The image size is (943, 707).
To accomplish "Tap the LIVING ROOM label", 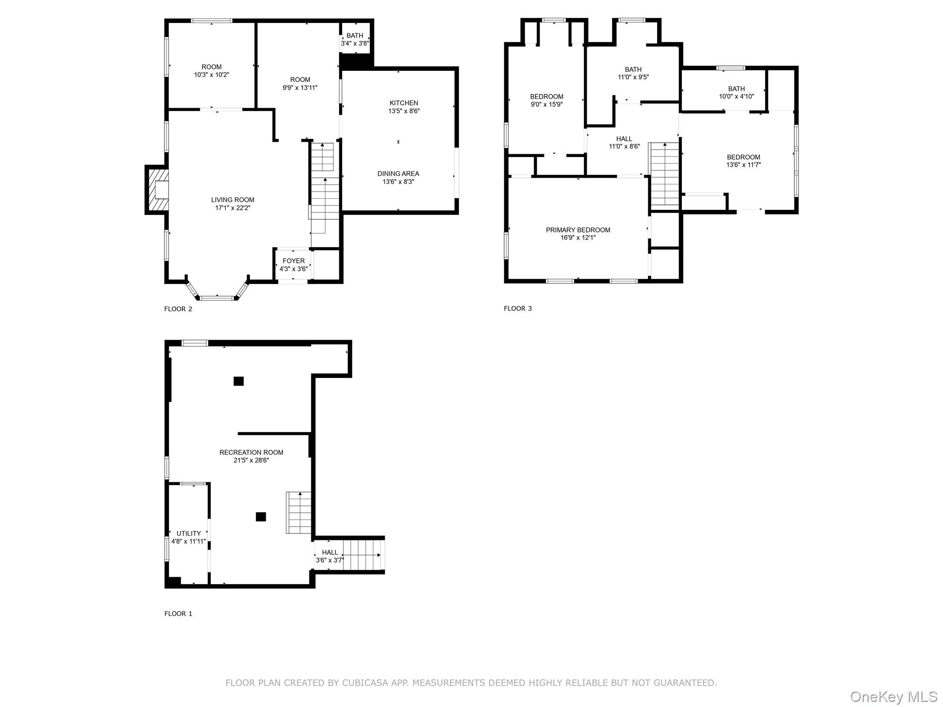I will click(233, 200).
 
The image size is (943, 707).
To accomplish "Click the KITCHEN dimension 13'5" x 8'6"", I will click(404, 111).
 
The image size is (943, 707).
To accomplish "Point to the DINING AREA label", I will click(398, 174).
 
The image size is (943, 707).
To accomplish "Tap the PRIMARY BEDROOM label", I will click(578, 230).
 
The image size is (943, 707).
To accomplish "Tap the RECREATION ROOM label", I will click(251, 452).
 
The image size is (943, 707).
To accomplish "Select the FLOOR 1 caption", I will click(178, 614).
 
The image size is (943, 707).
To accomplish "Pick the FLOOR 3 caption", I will click(518, 308).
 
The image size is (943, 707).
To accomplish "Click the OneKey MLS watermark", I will click(893, 696).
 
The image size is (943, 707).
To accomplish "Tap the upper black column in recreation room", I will click(239, 381).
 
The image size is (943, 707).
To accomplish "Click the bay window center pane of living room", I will click(217, 298).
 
